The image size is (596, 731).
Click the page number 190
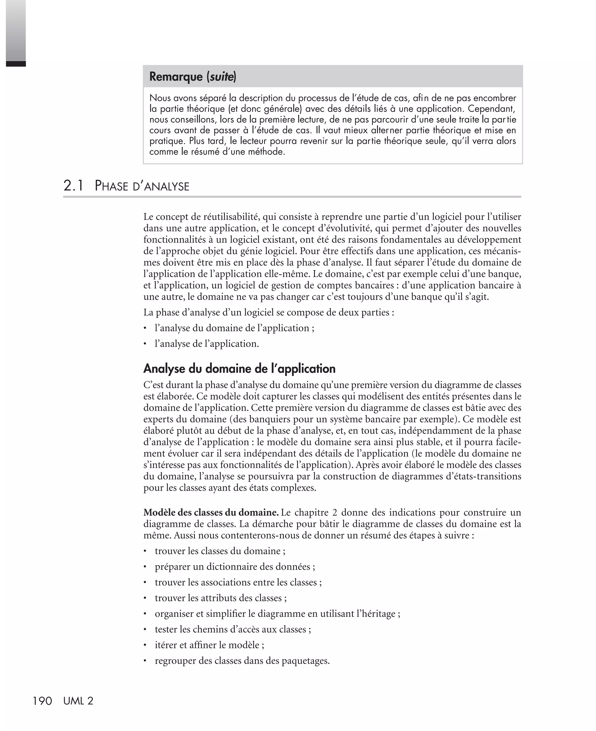point(42,701)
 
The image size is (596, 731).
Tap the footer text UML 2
point(78,701)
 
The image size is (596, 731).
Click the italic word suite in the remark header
point(221,77)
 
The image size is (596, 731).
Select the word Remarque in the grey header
point(176,77)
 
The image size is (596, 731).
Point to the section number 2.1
point(73,186)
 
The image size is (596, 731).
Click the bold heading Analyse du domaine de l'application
point(239,369)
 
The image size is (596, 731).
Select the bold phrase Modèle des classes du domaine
point(211,513)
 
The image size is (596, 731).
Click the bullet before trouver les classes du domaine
point(146,551)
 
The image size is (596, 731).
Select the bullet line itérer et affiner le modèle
point(210,645)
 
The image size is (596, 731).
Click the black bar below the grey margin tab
point(16,64)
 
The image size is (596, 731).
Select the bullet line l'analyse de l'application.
point(207,344)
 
